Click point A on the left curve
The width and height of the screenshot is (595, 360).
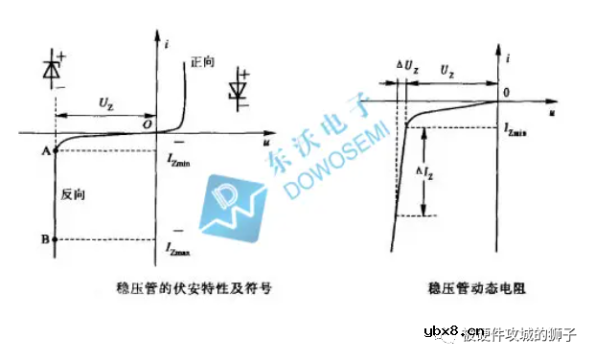pos(55,149)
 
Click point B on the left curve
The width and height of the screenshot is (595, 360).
pos(55,238)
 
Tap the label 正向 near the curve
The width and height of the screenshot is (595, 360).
pos(202,61)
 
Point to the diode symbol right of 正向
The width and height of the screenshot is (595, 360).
pos(240,90)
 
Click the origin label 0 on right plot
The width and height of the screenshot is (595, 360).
pos(506,92)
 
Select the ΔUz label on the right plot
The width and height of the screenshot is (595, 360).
pos(407,72)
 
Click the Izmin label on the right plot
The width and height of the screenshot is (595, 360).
pos(517,125)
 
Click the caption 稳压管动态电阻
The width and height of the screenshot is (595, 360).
pos(465,285)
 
